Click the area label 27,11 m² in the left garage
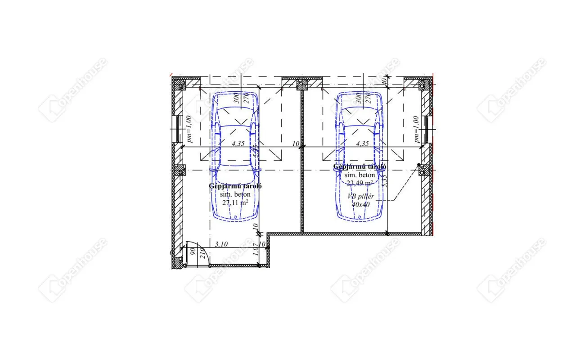point(235,202)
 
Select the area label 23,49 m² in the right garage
point(359,182)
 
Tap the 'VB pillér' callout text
point(360,197)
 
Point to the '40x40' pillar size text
point(360,204)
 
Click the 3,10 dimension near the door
point(221,244)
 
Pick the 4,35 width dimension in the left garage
point(238,144)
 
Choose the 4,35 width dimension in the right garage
point(362,144)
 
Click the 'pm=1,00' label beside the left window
point(189,129)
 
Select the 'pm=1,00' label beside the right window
point(417,129)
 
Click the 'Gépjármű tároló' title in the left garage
point(235,186)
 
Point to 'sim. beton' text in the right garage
point(359,175)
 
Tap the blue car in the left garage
point(235,157)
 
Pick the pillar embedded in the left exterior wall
point(180,170)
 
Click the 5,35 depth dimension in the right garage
point(384,180)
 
